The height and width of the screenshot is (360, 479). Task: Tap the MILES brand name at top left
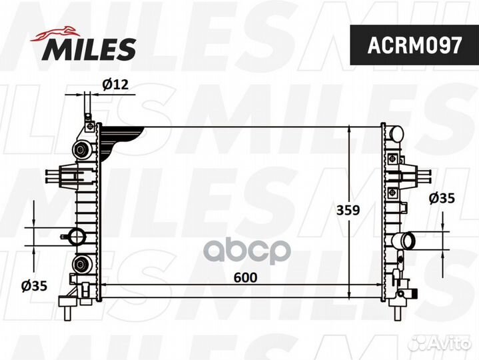tap(91, 48)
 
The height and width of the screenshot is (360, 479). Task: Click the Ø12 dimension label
tap(115, 84)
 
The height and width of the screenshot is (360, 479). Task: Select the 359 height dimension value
tap(348, 209)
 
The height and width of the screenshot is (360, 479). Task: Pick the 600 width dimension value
tap(245, 277)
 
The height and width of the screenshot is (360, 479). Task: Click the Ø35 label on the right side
tap(442, 197)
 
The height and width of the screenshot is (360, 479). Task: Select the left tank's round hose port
tap(75, 235)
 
